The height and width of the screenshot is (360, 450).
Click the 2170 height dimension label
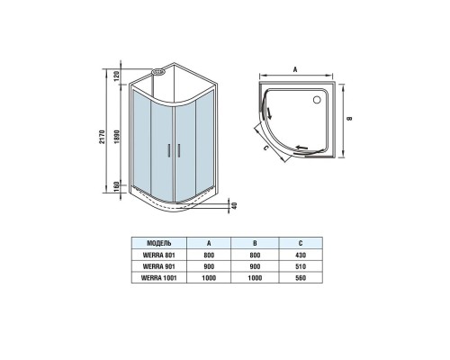pos(101,137)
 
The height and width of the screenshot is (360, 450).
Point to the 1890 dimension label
pos(117,137)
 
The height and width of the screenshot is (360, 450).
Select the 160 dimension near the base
pos(117,187)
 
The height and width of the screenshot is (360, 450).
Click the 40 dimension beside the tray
pos(235,205)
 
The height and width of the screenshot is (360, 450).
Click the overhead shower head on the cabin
pos(158,72)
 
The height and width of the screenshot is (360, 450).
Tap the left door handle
pos(168,150)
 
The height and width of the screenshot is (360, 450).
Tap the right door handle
pos(179,150)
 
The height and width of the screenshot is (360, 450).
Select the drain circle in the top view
pos(317,100)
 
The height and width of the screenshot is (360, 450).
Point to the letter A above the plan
pos(295,69)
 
